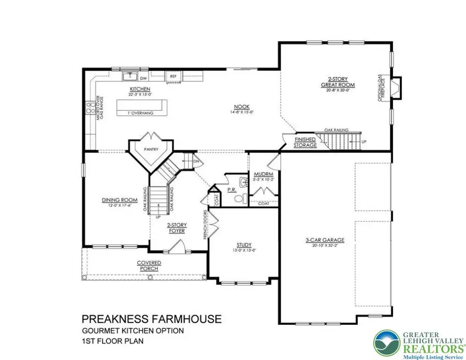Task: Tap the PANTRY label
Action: click(x=151, y=150)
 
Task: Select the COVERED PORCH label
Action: click(x=149, y=265)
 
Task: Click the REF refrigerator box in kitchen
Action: click(x=173, y=77)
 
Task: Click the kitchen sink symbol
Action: click(x=128, y=77)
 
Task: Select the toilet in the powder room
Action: click(x=239, y=198)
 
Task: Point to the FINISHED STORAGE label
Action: click(x=305, y=143)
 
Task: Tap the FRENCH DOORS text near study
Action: click(x=206, y=225)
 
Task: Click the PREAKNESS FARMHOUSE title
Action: click(x=152, y=318)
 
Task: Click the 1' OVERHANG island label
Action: click(x=138, y=110)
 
